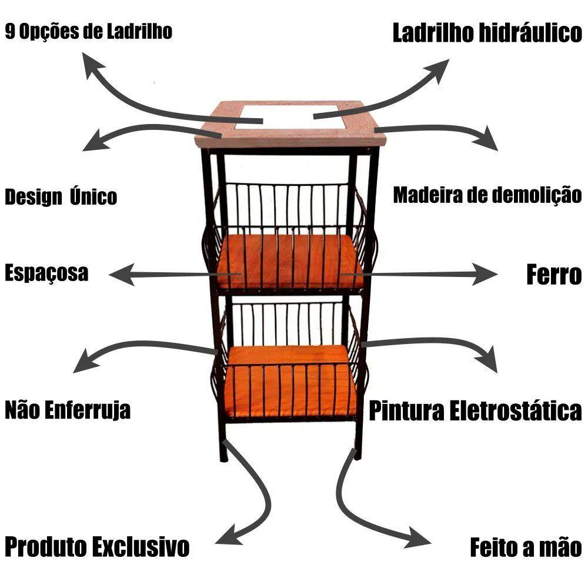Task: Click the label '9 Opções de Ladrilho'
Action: tap(89, 31)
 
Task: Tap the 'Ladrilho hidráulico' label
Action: tap(487, 33)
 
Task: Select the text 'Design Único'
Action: tap(61, 197)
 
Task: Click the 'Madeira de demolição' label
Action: tap(487, 195)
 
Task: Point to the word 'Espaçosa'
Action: tap(47, 273)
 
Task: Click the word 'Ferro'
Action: tap(553, 275)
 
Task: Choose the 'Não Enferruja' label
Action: tap(68, 409)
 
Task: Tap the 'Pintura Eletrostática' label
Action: tap(475, 410)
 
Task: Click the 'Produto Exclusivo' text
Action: tap(97, 546)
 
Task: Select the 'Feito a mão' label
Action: tap(525, 547)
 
